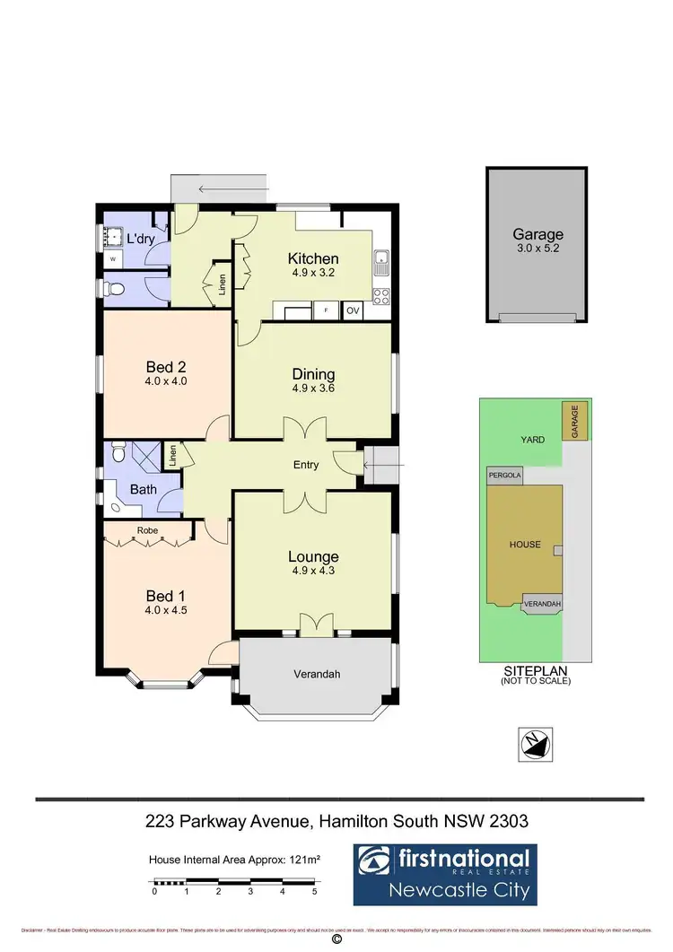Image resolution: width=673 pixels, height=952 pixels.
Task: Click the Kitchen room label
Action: pos(313,258)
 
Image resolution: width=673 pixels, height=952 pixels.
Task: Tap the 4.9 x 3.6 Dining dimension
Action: pos(313,389)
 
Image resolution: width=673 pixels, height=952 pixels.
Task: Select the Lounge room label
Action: pos(313,556)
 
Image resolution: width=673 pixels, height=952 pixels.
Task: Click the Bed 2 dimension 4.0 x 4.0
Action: pos(164,380)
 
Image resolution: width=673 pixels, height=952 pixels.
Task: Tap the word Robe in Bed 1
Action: pos(147,530)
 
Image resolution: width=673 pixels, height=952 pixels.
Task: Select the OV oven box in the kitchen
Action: pos(354,310)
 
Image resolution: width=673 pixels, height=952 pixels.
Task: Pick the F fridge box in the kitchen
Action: pos(325,310)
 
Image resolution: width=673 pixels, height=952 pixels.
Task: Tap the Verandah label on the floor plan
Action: pos(318,675)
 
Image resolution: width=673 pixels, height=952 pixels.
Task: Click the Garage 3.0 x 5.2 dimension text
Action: pos(537,249)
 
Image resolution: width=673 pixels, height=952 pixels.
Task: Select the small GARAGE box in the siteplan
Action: pos(572,422)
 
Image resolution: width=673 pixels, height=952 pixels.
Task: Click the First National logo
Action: pos(444,874)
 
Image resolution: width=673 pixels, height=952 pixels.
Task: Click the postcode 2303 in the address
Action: pos(511,820)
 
